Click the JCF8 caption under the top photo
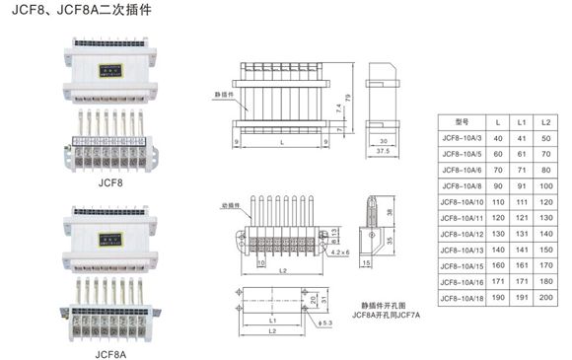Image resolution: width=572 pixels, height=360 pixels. (110, 182)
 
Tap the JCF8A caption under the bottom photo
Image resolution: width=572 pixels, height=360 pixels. (110, 352)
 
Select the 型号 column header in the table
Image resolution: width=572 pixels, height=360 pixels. (463, 121)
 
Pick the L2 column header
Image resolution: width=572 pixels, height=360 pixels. (546, 121)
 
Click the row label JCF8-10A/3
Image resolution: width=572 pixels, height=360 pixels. (463, 138)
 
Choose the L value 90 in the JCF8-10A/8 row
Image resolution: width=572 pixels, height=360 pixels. (499, 185)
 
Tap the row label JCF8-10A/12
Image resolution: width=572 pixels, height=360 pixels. (463, 234)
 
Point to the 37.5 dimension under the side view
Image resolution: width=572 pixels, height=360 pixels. (381, 152)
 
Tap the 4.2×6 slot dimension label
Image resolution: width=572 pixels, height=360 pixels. (340, 253)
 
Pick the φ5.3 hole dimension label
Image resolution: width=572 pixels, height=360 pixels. (324, 323)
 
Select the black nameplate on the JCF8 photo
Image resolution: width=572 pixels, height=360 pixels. (109, 72)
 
